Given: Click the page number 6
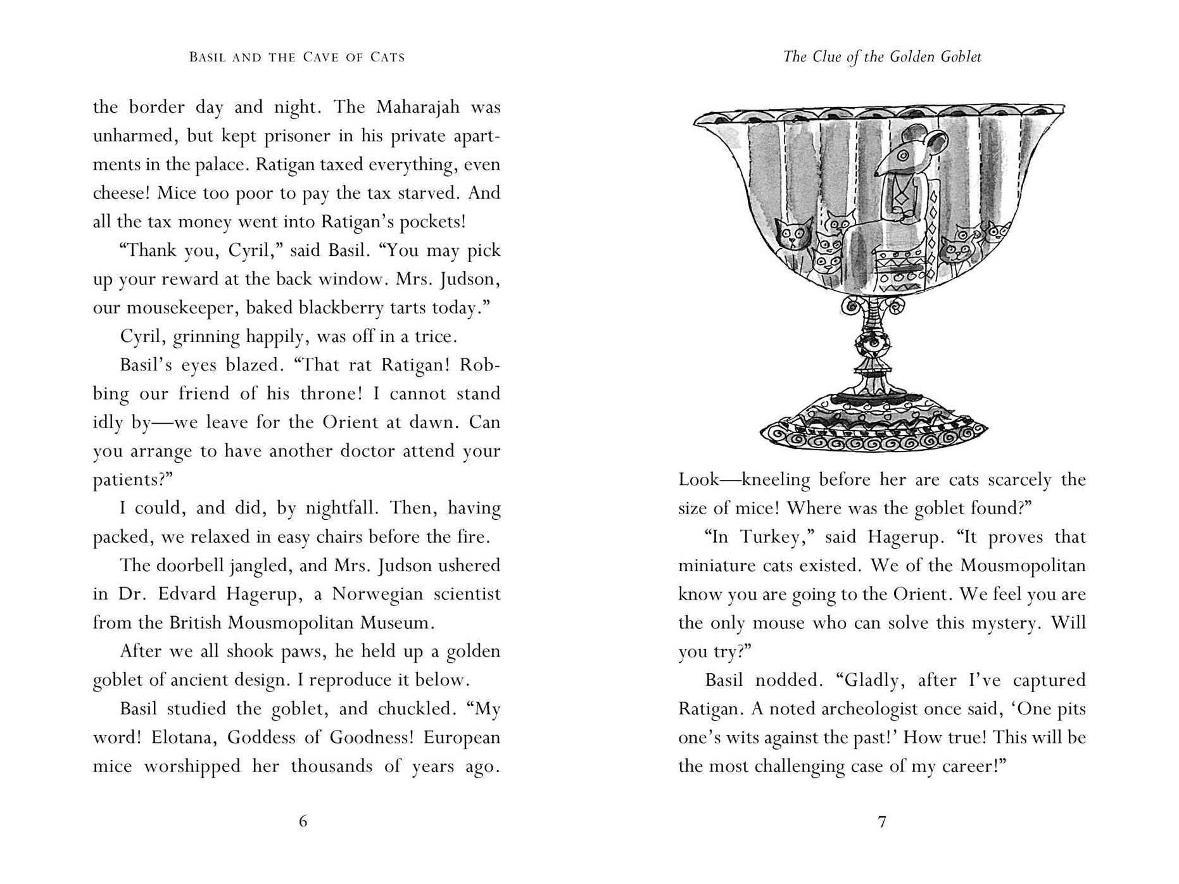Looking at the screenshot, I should click(x=303, y=821).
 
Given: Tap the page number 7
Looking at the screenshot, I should click(x=882, y=822).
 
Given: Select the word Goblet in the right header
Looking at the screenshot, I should click(x=958, y=57).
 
